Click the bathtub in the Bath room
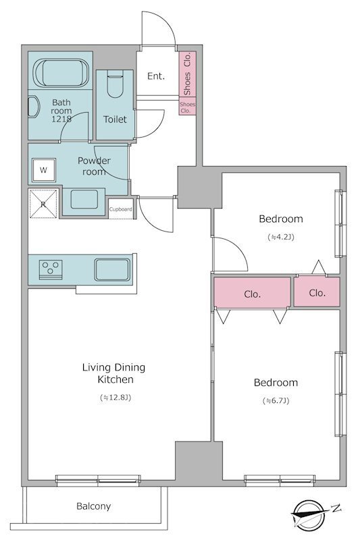click(61, 73)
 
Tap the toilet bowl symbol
click(115, 84)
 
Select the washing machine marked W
click(43, 170)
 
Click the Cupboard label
click(121, 209)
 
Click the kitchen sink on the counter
click(112, 269)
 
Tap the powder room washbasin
click(84, 199)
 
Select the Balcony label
click(94, 506)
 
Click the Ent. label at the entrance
click(156, 76)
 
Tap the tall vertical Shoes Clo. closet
click(187, 74)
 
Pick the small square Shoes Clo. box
click(187, 107)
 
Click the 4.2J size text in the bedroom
click(281, 238)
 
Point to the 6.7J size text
click(276, 401)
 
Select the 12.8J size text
click(115, 398)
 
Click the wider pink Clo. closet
click(252, 292)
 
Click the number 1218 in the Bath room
click(61, 119)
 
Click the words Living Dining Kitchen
click(113, 373)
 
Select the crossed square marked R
click(43, 204)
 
